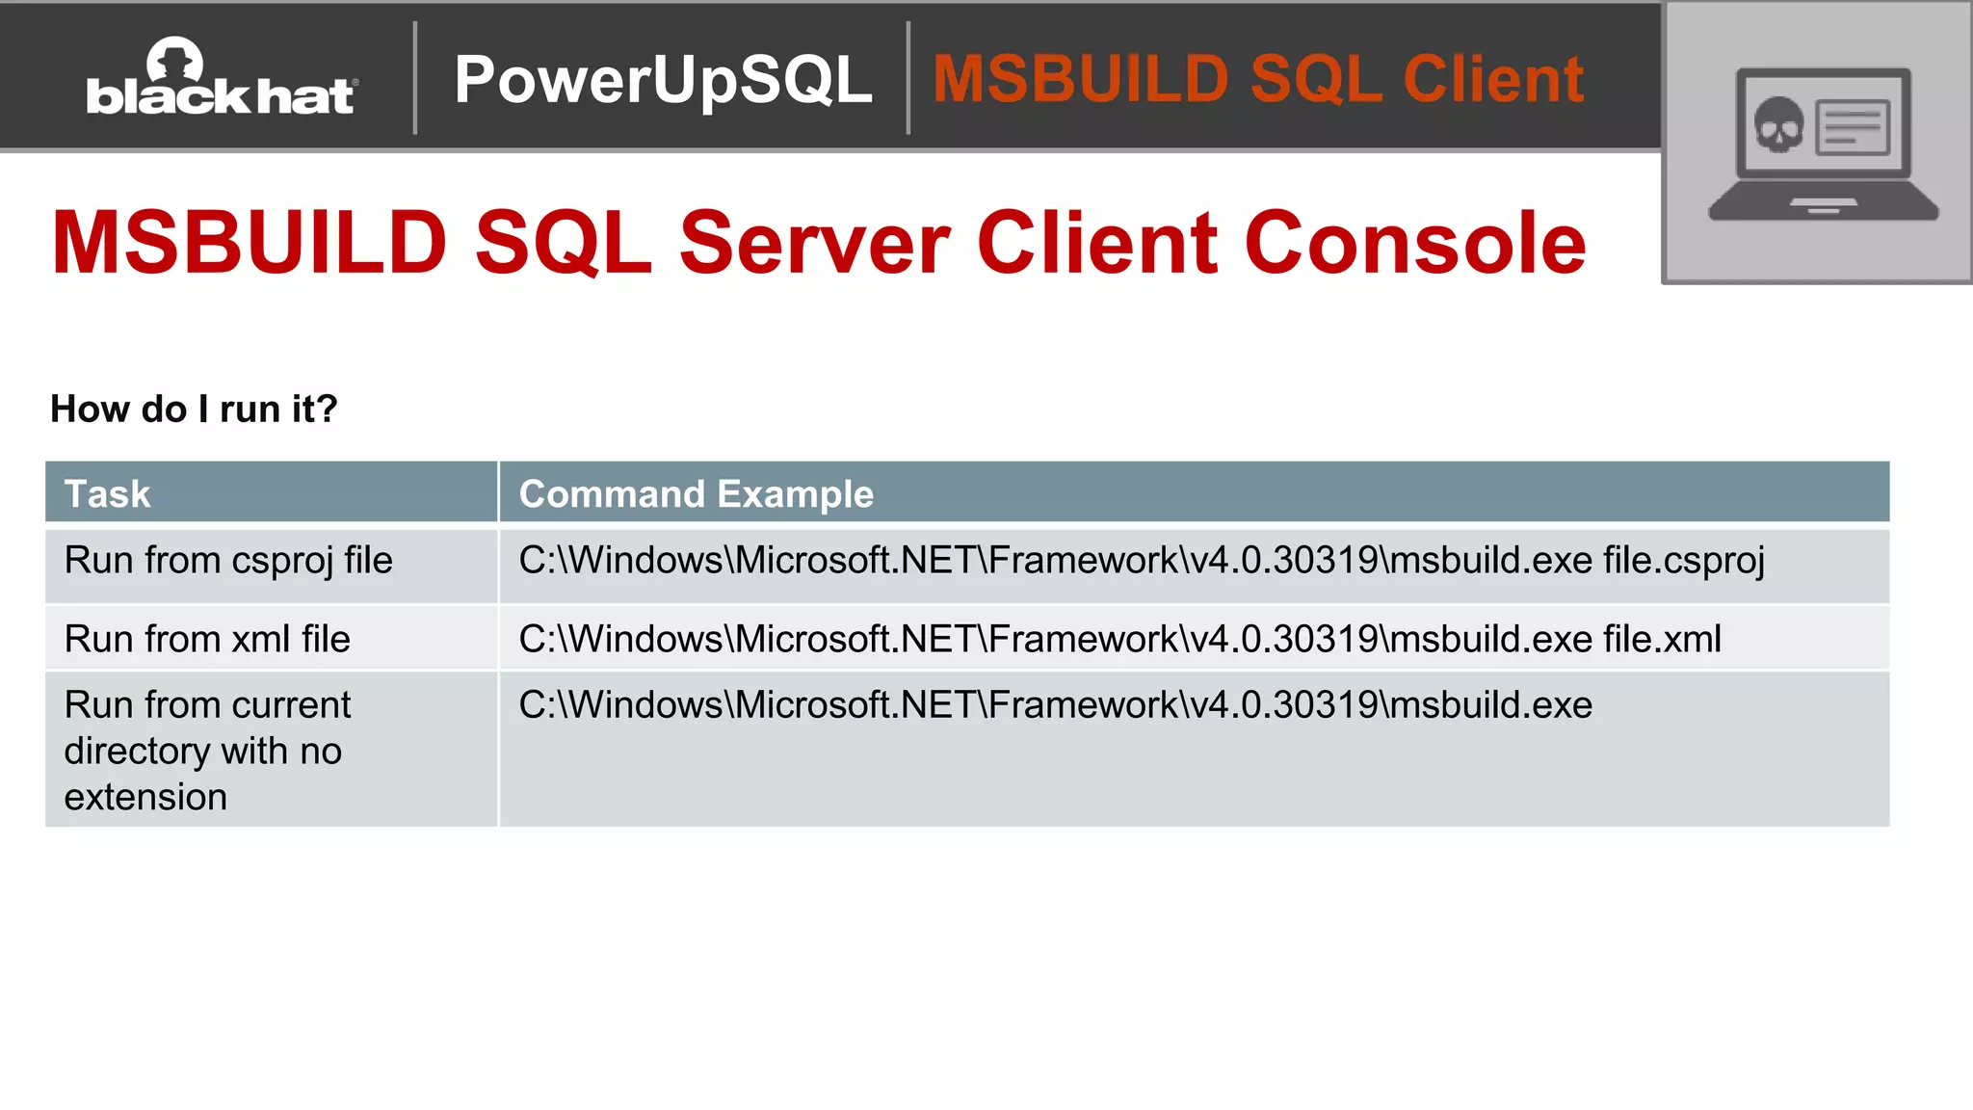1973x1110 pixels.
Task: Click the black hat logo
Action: (x=222, y=79)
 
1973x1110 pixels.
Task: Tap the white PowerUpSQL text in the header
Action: (x=663, y=79)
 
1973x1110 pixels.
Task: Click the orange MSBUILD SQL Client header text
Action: (x=1257, y=79)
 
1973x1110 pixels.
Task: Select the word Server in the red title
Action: (x=814, y=243)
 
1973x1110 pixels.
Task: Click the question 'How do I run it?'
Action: (x=194, y=410)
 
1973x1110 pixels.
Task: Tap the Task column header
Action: (x=108, y=494)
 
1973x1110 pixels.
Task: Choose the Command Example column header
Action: (x=696, y=494)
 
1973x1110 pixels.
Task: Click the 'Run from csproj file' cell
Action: (x=228, y=561)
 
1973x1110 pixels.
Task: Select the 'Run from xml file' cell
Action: (x=207, y=640)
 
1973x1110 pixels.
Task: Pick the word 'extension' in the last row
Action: (x=145, y=798)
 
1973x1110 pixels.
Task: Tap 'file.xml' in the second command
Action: (x=1662, y=640)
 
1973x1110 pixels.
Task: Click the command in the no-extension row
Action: (x=1055, y=705)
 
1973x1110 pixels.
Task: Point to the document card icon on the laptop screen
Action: (x=1852, y=127)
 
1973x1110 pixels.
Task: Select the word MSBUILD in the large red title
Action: (x=250, y=243)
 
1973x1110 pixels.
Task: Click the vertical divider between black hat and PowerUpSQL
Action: (x=415, y=78)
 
